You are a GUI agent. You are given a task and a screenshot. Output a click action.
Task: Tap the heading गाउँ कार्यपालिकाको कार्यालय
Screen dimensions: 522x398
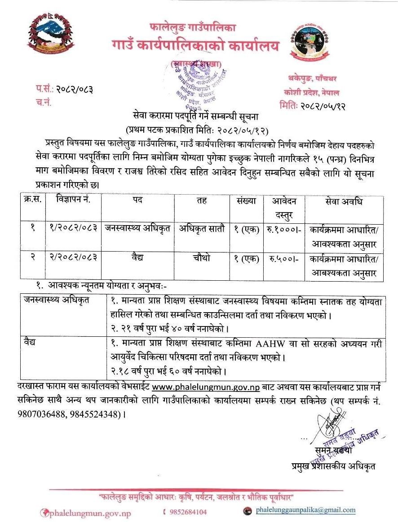tap(195, 46)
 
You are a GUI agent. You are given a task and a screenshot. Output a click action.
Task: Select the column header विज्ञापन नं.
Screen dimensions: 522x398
tap(74, 200)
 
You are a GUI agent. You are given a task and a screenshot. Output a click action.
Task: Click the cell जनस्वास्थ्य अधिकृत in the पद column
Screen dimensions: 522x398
tap(137, 228)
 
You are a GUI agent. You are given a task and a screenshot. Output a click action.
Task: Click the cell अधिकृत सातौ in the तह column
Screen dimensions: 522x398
tap(199, 229)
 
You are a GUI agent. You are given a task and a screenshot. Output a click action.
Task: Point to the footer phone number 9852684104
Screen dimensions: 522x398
tap(188, 512)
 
